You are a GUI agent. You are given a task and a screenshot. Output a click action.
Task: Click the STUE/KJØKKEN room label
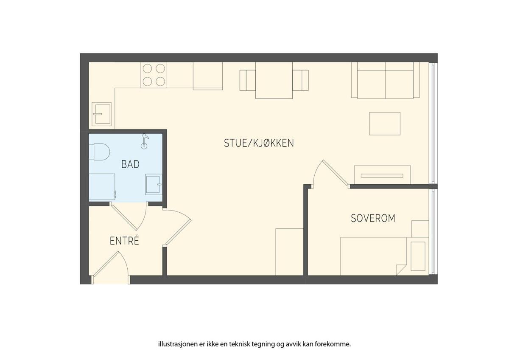click(x=259, y=143)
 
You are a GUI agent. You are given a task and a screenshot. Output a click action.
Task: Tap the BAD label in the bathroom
click(x=131, y=164)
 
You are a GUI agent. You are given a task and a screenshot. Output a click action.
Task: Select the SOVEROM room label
click(x=373, y=218)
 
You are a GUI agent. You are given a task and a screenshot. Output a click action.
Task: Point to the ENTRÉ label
click(x=124, y=241)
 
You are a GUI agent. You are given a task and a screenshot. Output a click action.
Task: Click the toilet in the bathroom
click(x=99, y=152)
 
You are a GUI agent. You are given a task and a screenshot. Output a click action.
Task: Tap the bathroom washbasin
click(x=154, y=185)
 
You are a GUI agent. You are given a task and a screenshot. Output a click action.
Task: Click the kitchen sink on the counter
click(x=101, y=114)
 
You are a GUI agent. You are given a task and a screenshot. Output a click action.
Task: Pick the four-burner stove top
click(x=154, y=75)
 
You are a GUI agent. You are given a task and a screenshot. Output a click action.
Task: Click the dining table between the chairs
click(x=274, y=80)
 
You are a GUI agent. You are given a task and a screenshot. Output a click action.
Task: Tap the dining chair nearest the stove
click(x=248, y=80)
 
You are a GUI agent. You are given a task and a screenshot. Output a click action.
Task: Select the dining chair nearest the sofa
click(x=300, y=80)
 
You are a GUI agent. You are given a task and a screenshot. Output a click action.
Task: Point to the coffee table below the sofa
click(x=385, y=124)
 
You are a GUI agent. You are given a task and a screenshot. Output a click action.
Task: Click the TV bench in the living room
click(x=383, y=175)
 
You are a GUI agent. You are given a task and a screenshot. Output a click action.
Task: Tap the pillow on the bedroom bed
click(x=418, y=256)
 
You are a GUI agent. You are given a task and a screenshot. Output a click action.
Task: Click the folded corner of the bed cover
click(x=401, y=270)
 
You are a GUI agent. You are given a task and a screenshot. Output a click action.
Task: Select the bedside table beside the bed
click(x=420, y=229)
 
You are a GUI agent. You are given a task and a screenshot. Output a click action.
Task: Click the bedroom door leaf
click(x=336, y=173)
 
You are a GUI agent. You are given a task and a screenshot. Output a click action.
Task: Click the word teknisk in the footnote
click(x=239, y=344)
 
